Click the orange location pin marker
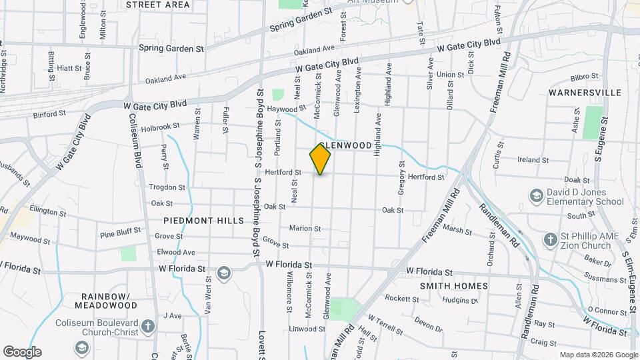pos(320,159)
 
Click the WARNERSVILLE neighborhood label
pos(585,92)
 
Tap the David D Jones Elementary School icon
pos(535,196)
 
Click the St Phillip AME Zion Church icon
pos(550,239)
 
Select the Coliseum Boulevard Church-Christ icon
pos(148,327)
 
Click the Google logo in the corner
pos(22,352)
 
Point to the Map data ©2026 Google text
pos(597,355)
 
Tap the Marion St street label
pos(305,228)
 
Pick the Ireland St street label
pos(533,160)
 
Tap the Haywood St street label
pos(285,108)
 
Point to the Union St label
pos(451,75)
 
